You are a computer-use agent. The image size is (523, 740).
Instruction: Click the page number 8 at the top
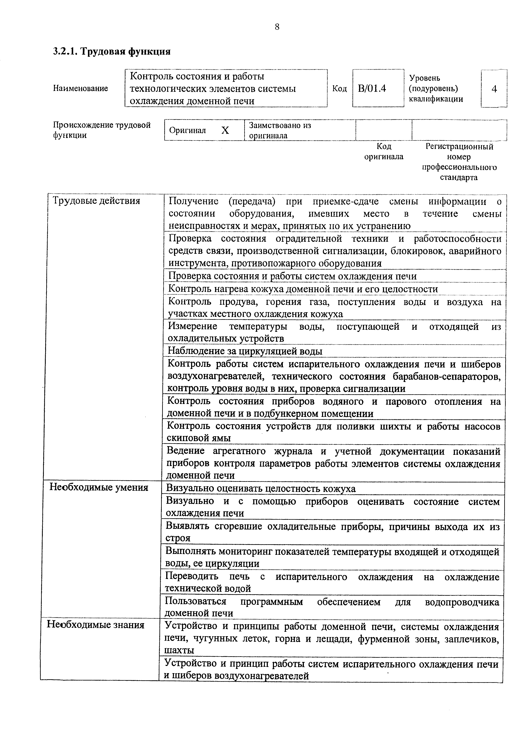[x=277, y=27]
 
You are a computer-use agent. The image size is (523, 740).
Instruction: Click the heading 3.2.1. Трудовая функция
[x=112, y=51]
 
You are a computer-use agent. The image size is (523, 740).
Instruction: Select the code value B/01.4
[x=372, y=88]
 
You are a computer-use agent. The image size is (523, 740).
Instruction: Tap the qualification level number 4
[x=494, y=89]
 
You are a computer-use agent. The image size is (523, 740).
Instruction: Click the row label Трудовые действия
[x=96, y=201]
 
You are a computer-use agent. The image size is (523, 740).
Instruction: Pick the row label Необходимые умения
[x=99, y=487]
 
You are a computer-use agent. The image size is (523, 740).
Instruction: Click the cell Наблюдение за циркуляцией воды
[x=245, y=351]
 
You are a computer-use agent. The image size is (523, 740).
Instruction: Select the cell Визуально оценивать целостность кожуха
[x=260, y=489]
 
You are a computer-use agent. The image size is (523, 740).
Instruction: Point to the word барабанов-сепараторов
[x=447, y=377]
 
